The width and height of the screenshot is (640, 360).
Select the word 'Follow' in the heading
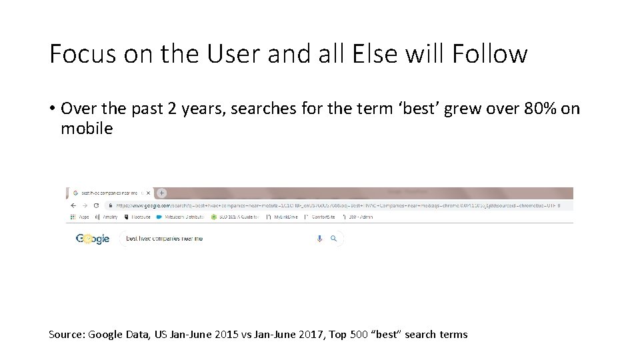click(489, 54)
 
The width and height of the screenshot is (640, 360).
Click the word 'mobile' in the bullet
click(87, 128)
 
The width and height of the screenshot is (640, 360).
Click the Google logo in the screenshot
click(93, 239)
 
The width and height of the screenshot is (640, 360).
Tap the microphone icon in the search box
click(320, 239)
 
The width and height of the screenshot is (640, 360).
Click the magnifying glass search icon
click(334, 239)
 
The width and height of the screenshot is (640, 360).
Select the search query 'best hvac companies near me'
click(164, 239)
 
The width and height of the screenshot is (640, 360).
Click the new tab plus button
click(161, 193)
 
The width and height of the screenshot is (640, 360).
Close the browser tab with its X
click(149, 193)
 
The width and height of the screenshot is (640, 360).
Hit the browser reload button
click(97, 206)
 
